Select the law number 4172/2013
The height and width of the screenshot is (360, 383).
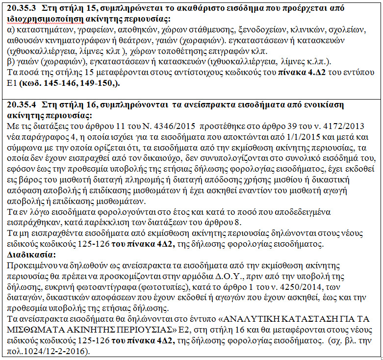pyautogui.click(x=353, y=126)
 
